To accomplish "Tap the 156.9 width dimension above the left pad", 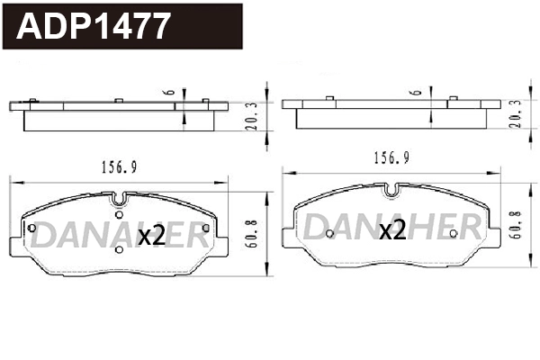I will tap(118, 166).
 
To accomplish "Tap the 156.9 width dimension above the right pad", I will tap(392, 157).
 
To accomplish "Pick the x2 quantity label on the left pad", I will tap(151, 237).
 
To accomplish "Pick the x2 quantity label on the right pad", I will tap(392, 230).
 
